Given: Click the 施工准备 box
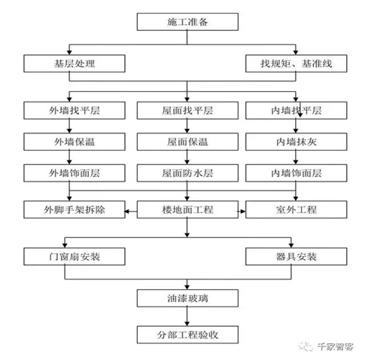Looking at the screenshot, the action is (187, 22).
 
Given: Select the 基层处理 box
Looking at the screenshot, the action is (75, 63).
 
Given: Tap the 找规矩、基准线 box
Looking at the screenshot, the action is (297, 63).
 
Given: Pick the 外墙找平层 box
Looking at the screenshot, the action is (75, 111).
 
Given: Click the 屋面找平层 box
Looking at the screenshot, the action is (187, 111).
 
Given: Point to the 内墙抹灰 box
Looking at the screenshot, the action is (297, 142).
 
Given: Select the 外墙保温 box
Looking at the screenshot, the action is (75, 142).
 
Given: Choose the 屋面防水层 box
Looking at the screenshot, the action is (187, 173).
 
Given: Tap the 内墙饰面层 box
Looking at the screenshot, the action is (297, 173).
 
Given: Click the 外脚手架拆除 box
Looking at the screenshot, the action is (75, 209).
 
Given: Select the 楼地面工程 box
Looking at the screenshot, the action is (187, 209).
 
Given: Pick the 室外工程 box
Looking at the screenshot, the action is (297, 209).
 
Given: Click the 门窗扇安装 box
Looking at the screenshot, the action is (75, 257).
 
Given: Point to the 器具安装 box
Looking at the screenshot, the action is (297, 257).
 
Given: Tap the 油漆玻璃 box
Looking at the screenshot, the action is (187, 298).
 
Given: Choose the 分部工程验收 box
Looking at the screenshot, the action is (187, 334).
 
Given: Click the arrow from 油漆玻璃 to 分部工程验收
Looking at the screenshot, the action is (187, 316).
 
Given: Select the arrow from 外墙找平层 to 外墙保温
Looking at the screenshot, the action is (69, 126).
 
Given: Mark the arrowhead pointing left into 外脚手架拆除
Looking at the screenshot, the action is (127, 211).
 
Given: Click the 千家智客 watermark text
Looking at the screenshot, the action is (335, 346).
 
